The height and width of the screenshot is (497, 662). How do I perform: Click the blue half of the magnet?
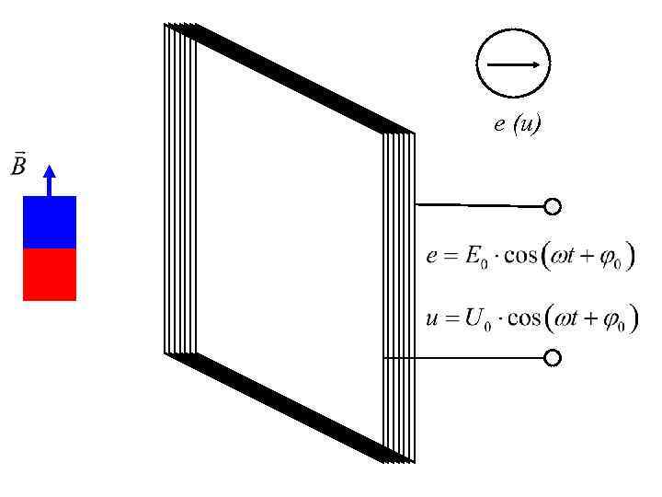[x=50, y=222]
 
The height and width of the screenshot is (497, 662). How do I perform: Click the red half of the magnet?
[x=50, y=274]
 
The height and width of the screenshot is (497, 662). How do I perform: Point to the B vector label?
[x=17, y=166]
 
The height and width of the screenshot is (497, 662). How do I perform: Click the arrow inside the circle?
[x=512, y=65]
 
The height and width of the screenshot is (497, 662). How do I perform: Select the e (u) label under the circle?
[x=517, y=124]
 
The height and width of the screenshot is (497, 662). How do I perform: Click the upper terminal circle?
[x=553, y=207]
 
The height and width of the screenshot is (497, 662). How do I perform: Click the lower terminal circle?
[x=553, y=358]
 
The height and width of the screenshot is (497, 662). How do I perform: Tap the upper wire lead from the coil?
[x=478, y=204]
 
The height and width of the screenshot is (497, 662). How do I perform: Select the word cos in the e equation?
[x=519, y=256]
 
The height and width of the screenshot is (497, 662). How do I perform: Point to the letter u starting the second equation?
[x=431, y=319]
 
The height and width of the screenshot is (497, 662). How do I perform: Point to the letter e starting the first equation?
[x=431, y=257]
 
